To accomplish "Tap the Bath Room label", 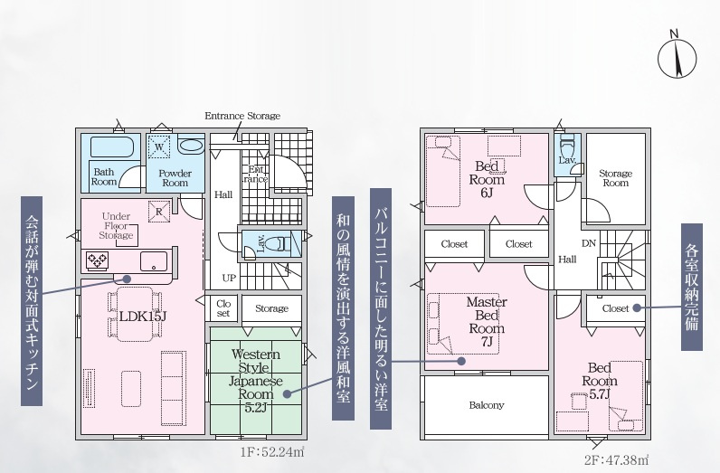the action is [104, 176].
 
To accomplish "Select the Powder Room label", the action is [175, 178].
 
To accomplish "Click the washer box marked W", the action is [159, 147].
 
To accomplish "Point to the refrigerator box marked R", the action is [159, 212].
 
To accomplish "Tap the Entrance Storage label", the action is [242, 116].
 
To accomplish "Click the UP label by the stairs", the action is [229, 279].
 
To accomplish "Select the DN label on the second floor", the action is [589, 243].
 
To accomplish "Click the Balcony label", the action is [487, 405].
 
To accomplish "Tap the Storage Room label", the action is [615, 178].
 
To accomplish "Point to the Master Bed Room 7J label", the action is [487, 321].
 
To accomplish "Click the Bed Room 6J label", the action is [487, 179].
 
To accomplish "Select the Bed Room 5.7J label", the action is [600, 381].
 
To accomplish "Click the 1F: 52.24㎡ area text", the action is [272, 452].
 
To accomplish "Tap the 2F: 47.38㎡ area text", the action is [617, 459].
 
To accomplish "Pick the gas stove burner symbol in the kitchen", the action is [98, 260].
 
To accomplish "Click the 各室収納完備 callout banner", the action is [692, 287].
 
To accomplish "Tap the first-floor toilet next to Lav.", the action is [281, 243].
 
